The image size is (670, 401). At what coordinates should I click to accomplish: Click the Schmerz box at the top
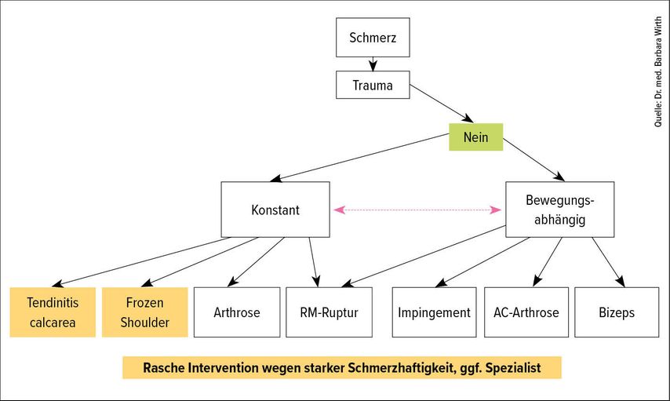click(373, 37)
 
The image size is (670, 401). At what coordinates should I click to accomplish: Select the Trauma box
click(373, 85)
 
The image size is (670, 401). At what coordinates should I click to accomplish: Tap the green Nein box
click(475, 137)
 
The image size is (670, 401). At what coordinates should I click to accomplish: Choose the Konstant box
click(275, 210)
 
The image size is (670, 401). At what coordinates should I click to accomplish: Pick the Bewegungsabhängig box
click(559, 210)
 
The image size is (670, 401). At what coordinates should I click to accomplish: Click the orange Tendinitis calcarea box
click(53, 312)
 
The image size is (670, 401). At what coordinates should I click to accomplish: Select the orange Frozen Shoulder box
click(145, 312)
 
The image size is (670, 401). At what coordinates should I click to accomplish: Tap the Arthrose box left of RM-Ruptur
click(237, 312)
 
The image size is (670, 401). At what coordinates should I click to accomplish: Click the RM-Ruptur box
click(329, 312)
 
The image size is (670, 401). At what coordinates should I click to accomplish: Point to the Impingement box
click(434, 312)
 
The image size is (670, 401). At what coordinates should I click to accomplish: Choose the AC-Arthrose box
click(526, 312)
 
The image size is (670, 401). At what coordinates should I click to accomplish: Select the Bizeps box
click(617, 312)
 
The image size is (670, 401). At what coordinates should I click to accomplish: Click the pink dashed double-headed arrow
click(417, 210)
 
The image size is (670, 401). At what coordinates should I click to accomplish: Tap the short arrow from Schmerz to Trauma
click(373, 64)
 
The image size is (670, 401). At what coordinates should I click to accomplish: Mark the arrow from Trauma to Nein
click(442, 104)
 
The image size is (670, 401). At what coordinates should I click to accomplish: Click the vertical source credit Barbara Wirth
click(658, 42)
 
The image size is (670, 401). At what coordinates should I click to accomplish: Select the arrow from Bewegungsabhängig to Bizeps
click(609, 262)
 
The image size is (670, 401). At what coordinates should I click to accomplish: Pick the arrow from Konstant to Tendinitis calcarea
click(141, 261)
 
